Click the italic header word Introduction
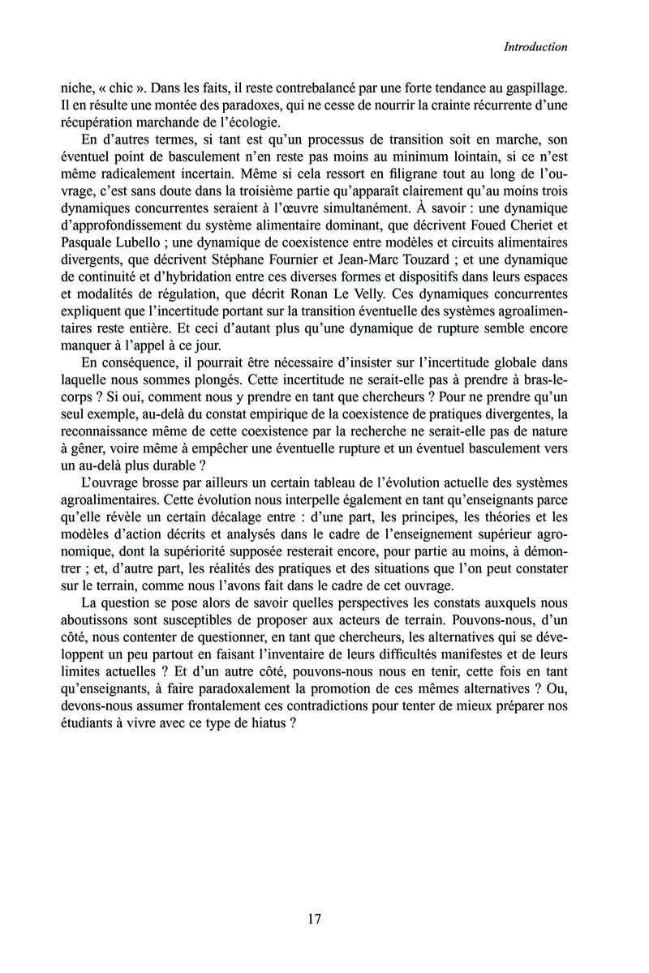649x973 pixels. pos(535,47)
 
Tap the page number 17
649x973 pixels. pos(316,919)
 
